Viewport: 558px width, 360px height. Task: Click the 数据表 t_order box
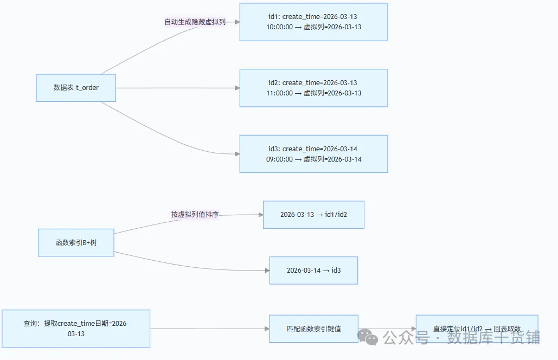76,88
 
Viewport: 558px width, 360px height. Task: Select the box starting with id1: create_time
313,22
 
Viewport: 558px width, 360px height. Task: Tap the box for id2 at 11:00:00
313,88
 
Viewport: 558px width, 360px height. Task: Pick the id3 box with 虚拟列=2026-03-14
313,154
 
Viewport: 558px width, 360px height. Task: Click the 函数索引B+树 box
76,242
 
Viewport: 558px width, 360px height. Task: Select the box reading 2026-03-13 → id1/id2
313,215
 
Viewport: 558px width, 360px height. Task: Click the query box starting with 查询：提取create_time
76,329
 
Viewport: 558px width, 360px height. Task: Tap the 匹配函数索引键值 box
313,329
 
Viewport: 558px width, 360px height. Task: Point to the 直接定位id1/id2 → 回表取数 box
477,329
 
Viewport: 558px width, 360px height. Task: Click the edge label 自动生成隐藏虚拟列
195,22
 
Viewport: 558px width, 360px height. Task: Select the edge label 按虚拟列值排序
195,215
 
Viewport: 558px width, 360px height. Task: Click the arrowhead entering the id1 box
237,22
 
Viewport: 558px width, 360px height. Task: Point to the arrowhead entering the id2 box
237,88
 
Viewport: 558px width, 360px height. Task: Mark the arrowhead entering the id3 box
237,154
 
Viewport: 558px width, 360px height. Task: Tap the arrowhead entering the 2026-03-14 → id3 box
267,271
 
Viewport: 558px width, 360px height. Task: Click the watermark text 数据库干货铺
493,338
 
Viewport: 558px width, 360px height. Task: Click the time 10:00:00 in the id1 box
279,27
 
